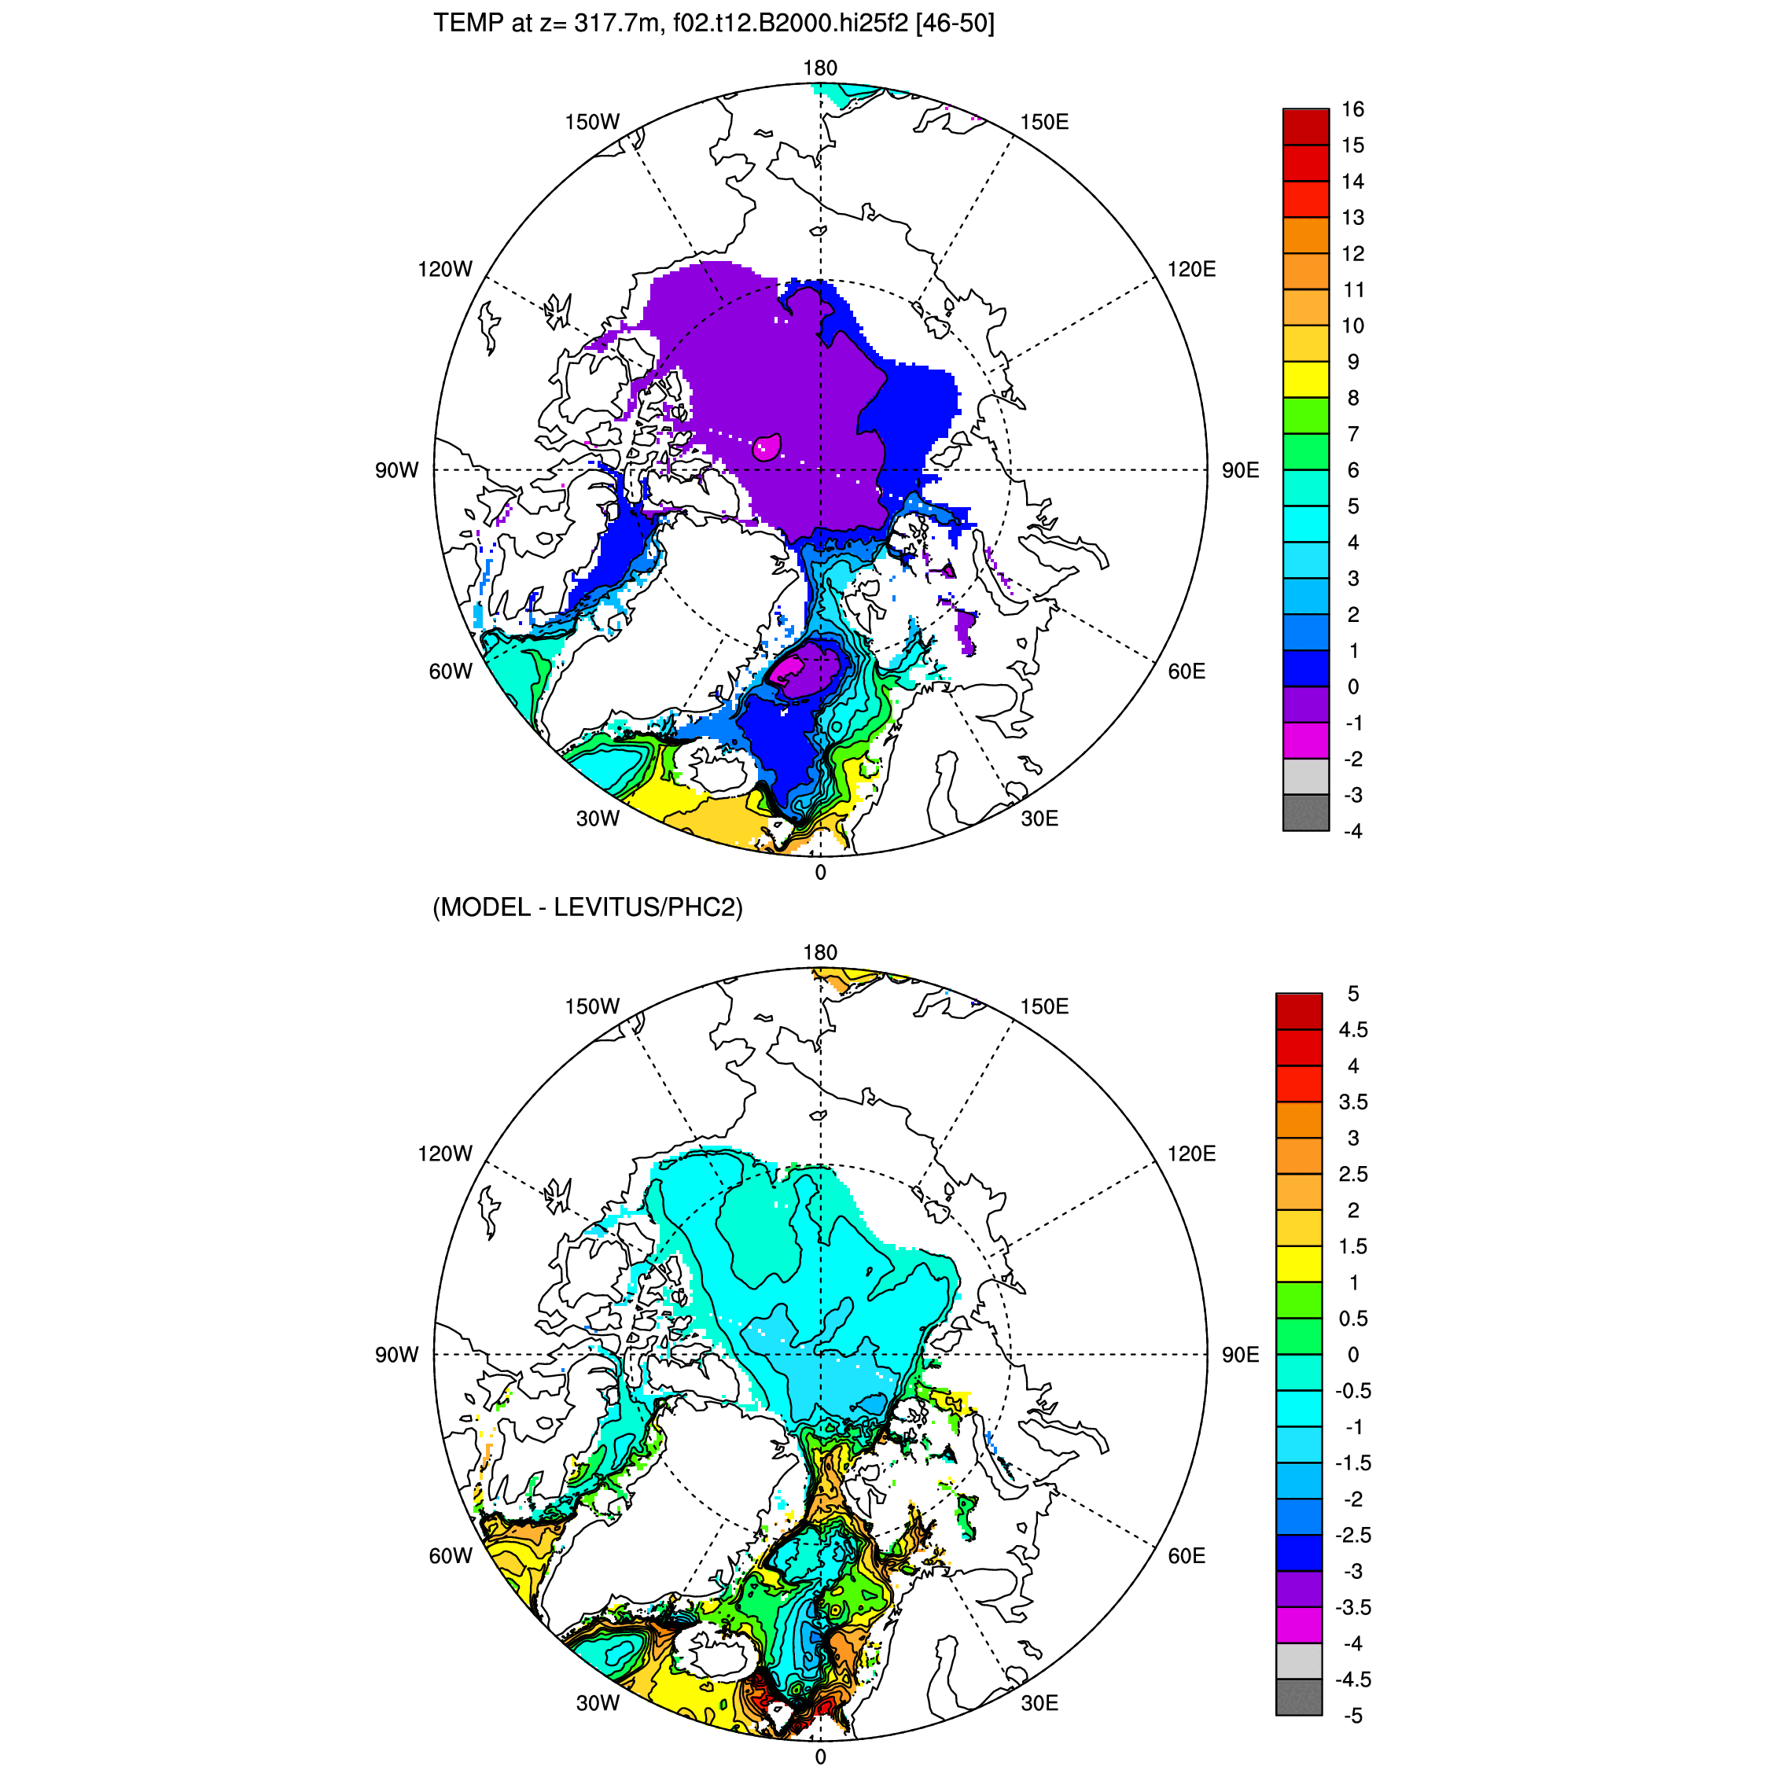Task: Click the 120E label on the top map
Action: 1191,270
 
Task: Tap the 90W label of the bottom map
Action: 396,1355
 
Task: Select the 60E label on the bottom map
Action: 1187,1555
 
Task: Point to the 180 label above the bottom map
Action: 819,952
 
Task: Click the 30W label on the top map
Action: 598,819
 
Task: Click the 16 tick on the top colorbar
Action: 1352,109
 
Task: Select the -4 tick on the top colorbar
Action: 1353,831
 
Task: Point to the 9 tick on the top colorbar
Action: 1353,362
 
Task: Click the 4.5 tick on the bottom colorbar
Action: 1353,1030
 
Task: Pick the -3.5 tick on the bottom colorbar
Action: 1353,1608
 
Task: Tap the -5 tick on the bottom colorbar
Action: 1353,1716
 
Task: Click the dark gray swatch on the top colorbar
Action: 1305,813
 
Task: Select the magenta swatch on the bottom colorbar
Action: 1299,1626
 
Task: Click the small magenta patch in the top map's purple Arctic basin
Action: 766,448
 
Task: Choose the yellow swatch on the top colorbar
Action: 1305,380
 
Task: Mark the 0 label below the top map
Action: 820,873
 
